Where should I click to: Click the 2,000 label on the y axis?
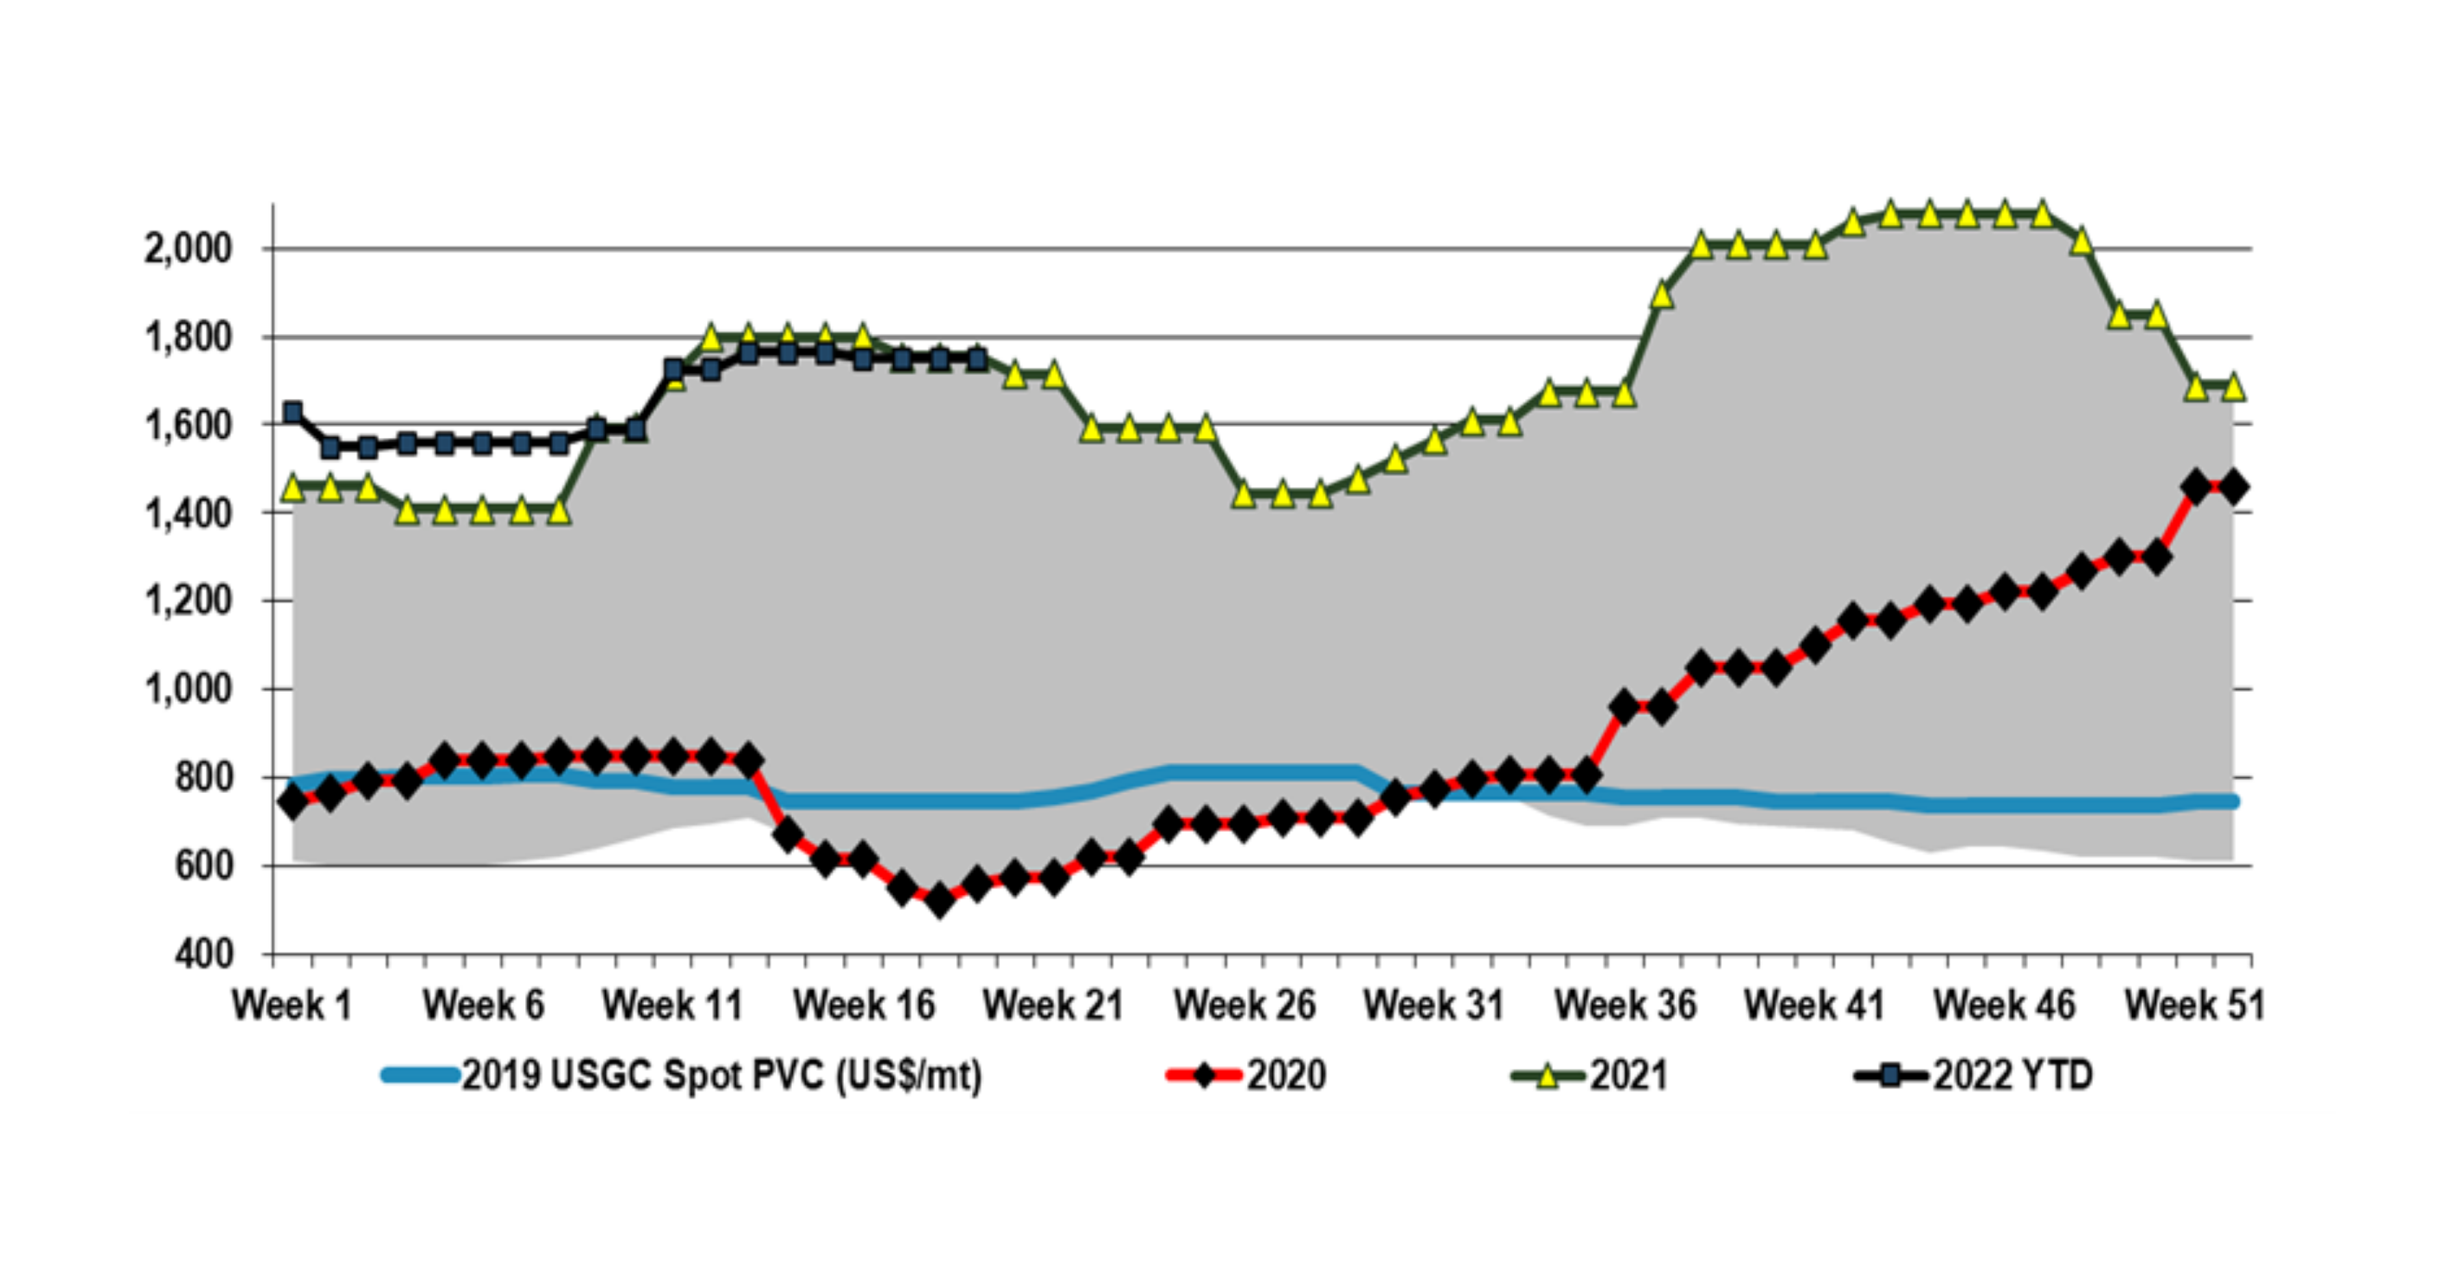188,250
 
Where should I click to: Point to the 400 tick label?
204,954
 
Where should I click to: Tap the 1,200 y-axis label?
188,601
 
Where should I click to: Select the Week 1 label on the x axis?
292,1006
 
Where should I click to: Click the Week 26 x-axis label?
1244,1006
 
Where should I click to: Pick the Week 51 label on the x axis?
2194,1006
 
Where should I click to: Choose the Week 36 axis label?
1625,1006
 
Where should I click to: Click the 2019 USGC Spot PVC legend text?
722,1076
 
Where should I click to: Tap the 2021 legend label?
1628,1076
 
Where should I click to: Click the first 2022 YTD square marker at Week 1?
293,412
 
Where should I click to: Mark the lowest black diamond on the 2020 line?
939,900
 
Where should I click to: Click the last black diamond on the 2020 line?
2233,488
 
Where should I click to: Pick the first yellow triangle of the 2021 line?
293,489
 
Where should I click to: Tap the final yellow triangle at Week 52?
2233,387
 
